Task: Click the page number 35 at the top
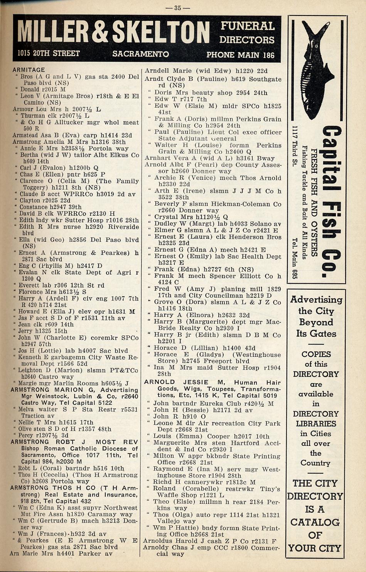[x=177, y=7]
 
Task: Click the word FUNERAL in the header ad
[x=247, y=26]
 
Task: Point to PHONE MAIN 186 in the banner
[x=240, y=55]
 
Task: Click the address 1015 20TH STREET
[x=49, y=53]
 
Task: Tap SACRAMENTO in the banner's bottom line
[x=140, y=54]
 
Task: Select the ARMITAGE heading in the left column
[x=29, y=70]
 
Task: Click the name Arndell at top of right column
[x=158, y=71]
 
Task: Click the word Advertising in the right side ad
[x=316, y=300]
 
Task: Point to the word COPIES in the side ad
[x=316, y=354]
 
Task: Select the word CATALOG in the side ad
[x=315, y=522]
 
